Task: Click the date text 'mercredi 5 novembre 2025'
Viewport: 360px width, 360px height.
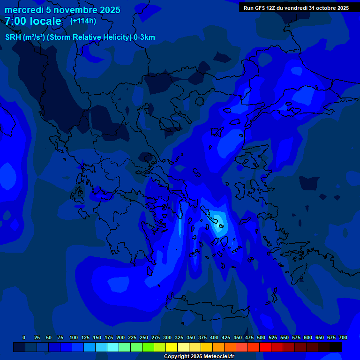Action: click(x=62, y=10)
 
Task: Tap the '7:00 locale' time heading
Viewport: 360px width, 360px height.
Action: click(x=33, y=21)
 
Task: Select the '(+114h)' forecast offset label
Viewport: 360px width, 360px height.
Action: click(x=83, y=21)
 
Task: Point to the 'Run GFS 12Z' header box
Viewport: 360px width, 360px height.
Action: click(x=296, y=8)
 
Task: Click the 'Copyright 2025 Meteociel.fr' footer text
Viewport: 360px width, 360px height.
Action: click(x=199, y=356)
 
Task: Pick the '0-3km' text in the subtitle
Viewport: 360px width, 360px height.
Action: click(x=144, y=37)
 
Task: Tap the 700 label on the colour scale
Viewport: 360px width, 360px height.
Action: click(x=343, y=337)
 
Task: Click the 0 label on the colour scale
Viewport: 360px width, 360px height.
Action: click(x=24, y=337)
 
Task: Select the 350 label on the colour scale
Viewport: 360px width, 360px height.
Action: click(x=191, y=337)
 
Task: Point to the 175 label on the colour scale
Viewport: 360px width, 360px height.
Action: click(x=109, y=337)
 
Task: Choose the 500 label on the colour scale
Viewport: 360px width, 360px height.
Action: click(x=261, y=337)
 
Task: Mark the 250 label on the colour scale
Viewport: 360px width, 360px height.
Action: click(x=144, y=337)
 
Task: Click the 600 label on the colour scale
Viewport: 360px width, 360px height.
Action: click(x=308, y=337)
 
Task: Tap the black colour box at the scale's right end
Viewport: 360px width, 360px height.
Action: click(x=336, y=347)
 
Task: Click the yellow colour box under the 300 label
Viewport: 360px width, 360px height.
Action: click(x=172, y=347)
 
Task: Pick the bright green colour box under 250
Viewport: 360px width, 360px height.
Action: click(x=148, y=347)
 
